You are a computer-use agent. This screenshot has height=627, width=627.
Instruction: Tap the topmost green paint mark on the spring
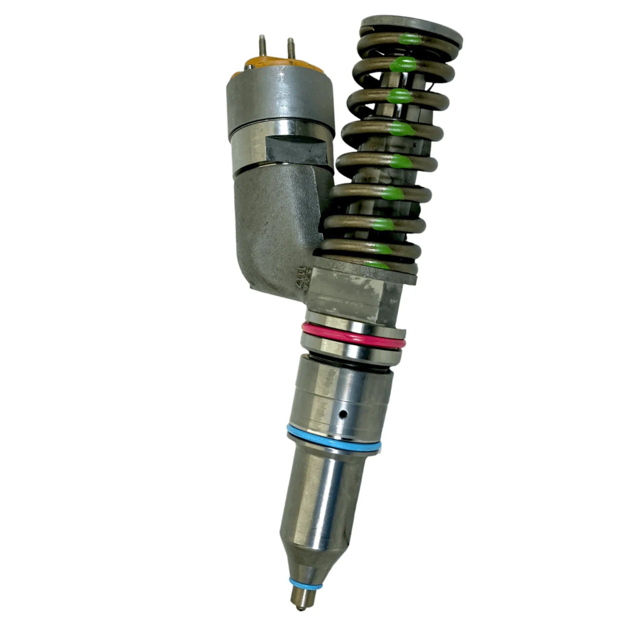click(410, 39)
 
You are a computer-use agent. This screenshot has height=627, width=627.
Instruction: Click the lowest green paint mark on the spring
click(377, 265)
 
